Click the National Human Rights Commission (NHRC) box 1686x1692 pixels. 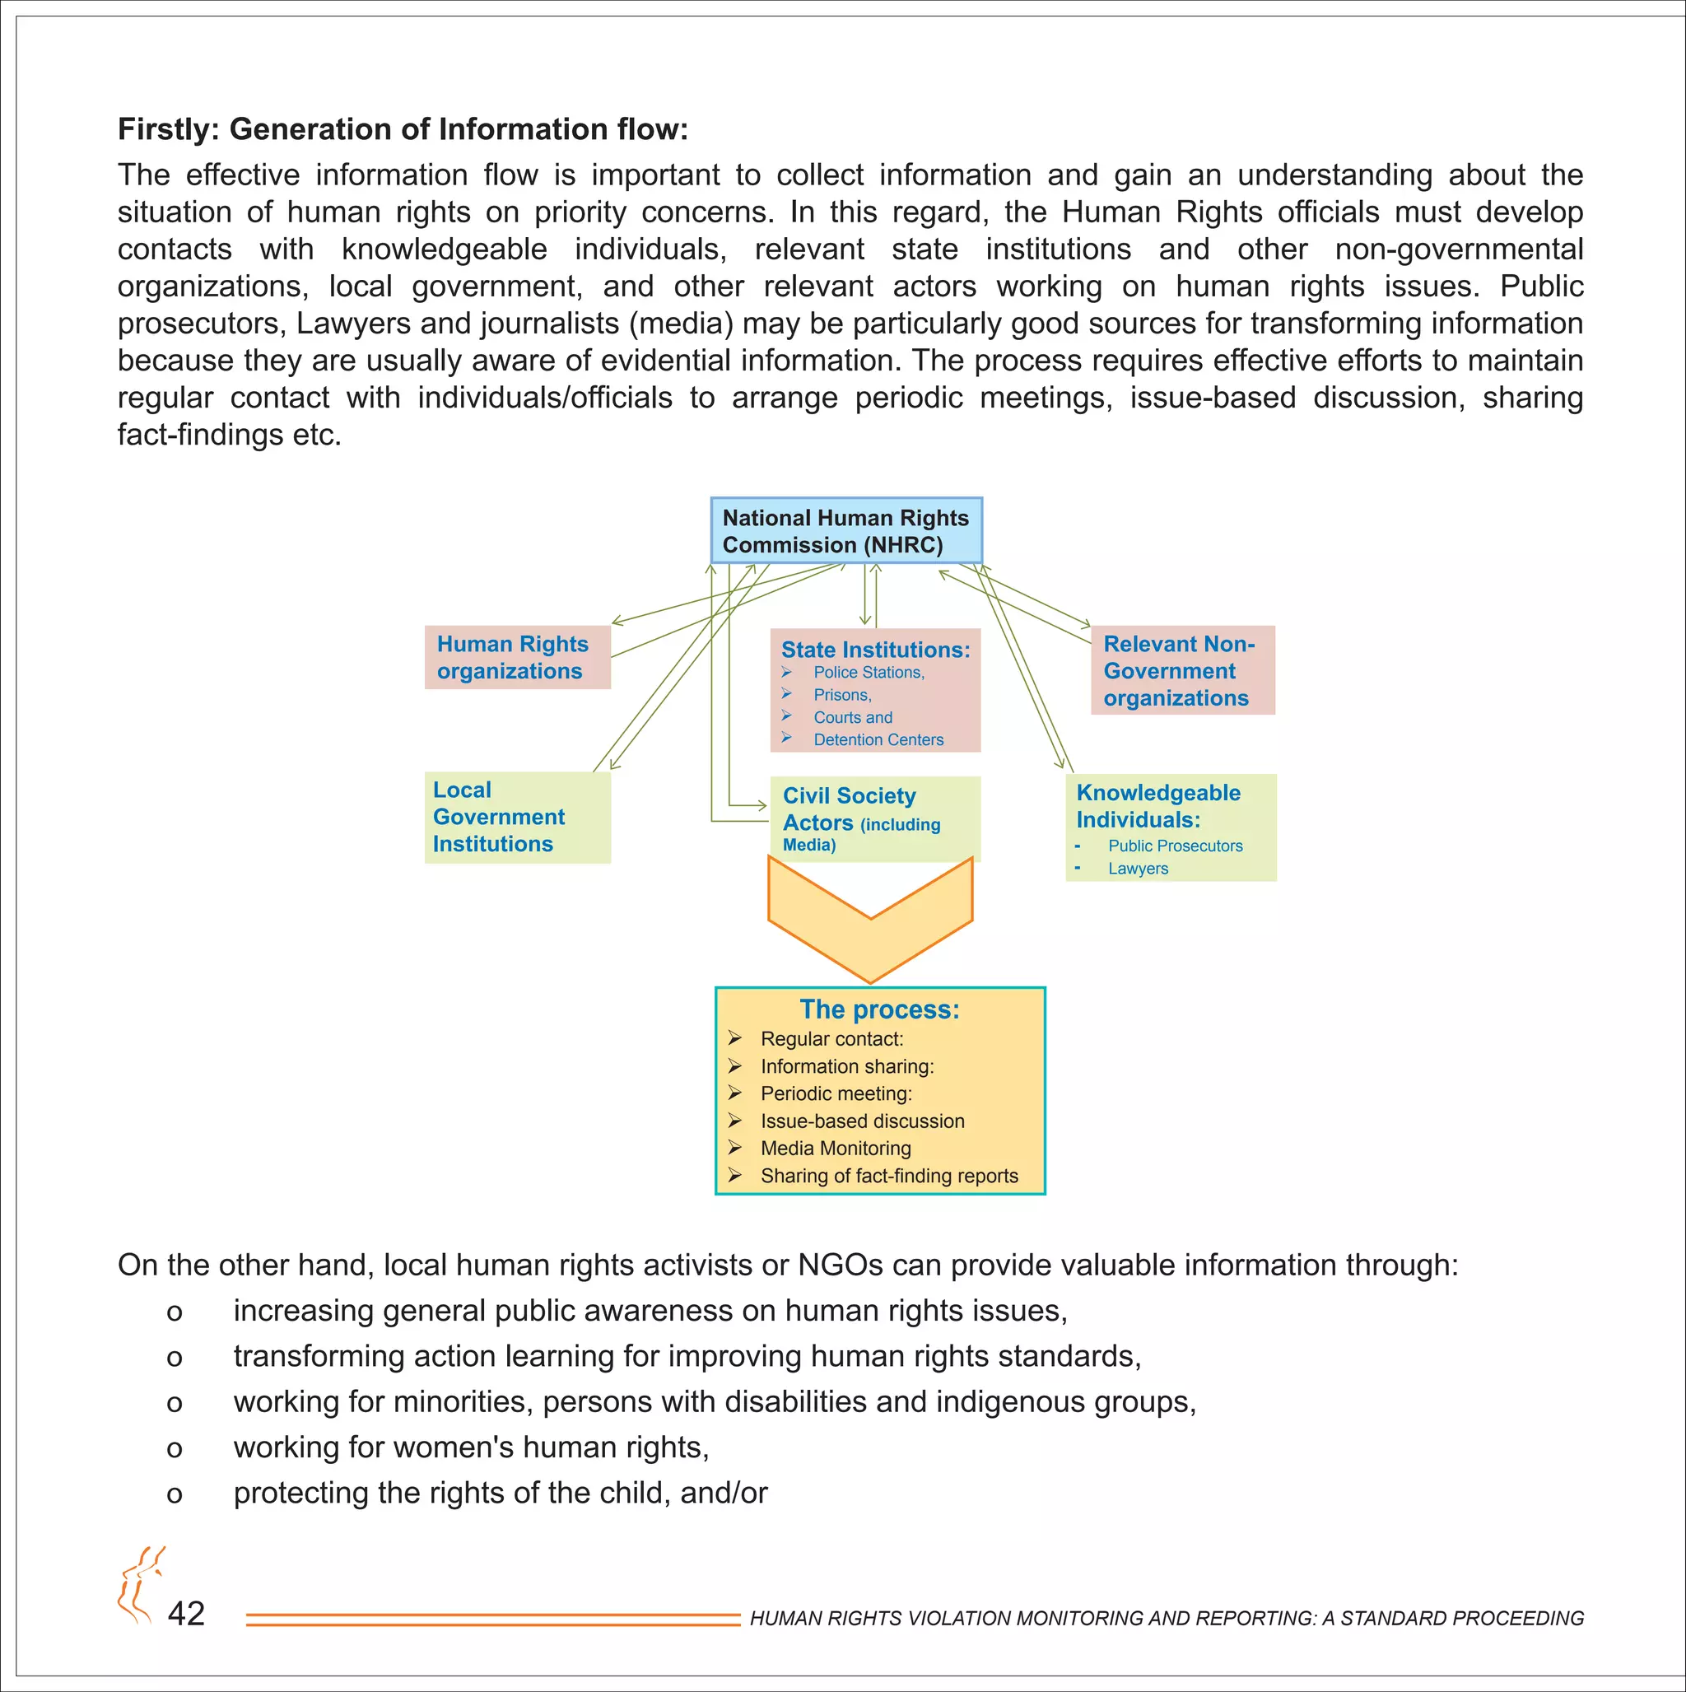pos(845,531)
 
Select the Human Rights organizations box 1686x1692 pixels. pos(517,658)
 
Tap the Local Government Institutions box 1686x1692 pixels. pos(517,817)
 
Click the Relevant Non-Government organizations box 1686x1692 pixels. pos(1182,671)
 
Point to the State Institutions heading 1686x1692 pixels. pos(875,650)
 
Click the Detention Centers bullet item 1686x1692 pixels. pos(878,740)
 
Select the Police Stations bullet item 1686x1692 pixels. pos(868,673)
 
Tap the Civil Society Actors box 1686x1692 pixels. pos(874,819)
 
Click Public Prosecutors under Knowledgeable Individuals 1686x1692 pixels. pos(1175,846)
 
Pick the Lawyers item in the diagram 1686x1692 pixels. pos(1138,869)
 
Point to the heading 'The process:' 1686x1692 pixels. pos(879,1009)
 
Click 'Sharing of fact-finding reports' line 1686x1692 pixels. pos(889,1177)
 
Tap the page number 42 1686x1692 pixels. pos(187,1613)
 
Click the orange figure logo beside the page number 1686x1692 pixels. pos(139,1586)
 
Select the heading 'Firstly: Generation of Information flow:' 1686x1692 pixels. pos(403,129)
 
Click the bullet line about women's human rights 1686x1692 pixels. pos(470,1447)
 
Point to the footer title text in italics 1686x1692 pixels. pos(1167,1619)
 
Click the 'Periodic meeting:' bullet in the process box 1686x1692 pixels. pos(836,1094)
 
